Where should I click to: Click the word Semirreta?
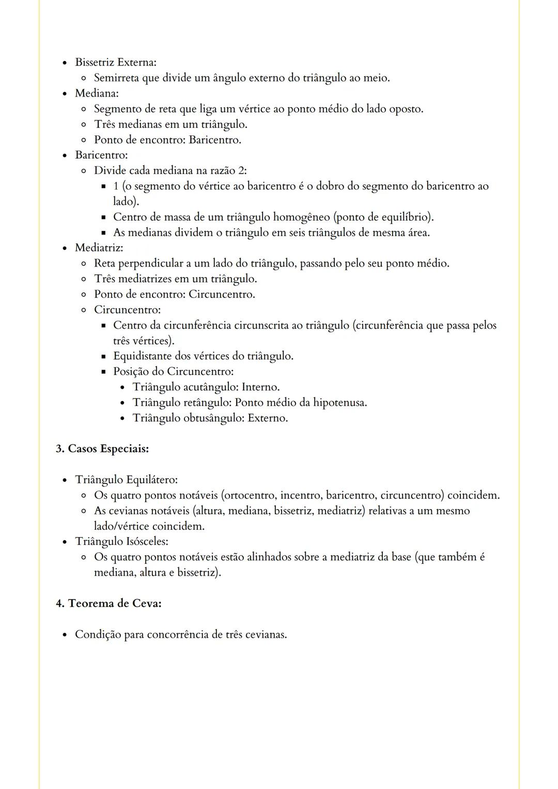tap(116, 78)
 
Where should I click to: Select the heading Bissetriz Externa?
tap(115, 62)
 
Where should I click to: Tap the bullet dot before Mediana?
tap(65, 93)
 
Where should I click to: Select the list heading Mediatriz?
tap(99, 248)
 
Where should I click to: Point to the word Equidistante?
tap(145, 356)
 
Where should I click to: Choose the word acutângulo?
tap(210, 387)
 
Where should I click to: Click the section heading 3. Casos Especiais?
tap(102, 449)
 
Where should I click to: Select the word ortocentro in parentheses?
tap(250, 495)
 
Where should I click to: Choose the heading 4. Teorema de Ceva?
tap(109, 603)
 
